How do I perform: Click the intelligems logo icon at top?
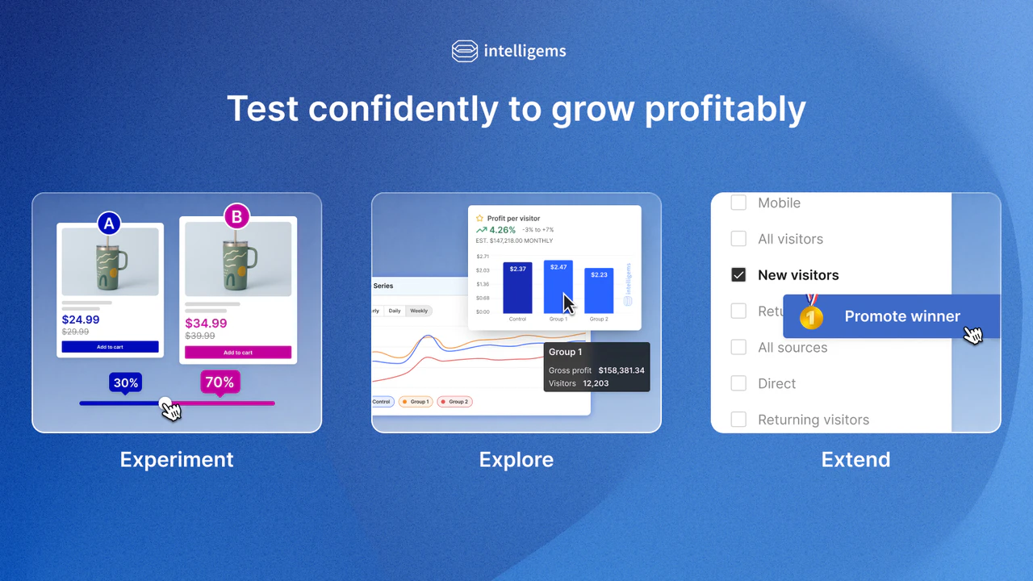pos(465,51)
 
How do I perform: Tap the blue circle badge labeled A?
pos(109,223)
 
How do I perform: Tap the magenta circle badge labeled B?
pos(236,216)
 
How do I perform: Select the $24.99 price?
pos(81,320)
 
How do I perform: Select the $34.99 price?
pos(206,324)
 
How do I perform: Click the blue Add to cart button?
pos(110,347)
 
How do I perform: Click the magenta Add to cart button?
pos(237,353)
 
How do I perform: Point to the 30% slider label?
pos(126,382)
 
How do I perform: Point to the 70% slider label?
pos(220,382)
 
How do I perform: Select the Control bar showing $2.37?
pos(517,288)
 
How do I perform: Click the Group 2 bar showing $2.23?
pos(599,290)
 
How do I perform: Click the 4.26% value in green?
pos(502,230)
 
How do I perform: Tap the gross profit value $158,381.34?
pos(621,370)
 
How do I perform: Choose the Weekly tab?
pos(419,311)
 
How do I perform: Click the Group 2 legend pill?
pos(454,401)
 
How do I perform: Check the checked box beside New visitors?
pos(738,275)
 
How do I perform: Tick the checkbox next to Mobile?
pos(738,203)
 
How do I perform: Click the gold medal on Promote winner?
pos(811,316)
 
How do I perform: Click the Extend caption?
pos(855,460)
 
